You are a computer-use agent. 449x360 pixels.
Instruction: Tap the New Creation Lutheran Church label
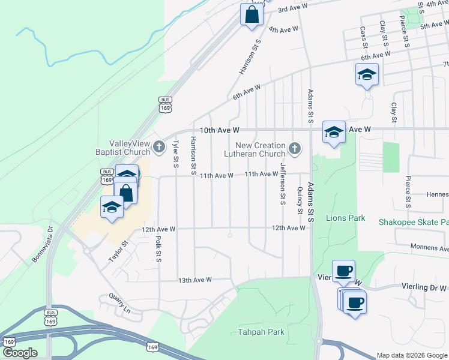pyautogui.click(x=260, y=149)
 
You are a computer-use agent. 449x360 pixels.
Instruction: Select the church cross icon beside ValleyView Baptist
pyautogui.click(x=158, y=146)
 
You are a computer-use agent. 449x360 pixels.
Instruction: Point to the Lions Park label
pyautogui.click(x=345, y=218)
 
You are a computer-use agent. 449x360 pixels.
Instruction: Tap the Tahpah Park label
pyautogui.click(x=261, y=332)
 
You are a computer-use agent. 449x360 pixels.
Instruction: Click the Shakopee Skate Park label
pyautogui.click(x=413, y=221)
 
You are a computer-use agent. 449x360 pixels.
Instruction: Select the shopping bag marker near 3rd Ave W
pyautogui.click(x=252, y=15)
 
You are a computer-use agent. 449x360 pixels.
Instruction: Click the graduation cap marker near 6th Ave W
pyautogui.click(x=367, y=75)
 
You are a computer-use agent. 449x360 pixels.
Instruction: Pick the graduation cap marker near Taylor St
pyautogui.click(x=112, y=208)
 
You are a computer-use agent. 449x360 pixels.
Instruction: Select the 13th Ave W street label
pyautogui.click(x=195, y=280)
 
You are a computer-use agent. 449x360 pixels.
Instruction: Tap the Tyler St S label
pyautogui.click(x=175, y=153)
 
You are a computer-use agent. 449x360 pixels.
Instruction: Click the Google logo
pyautogui.click(x=20, y=352)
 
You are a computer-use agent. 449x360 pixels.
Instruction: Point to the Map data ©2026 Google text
pyautogui.click(x=412, y=355)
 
